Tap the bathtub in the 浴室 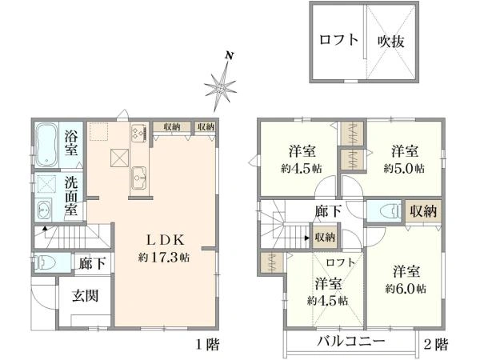(46, 144)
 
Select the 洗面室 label (70, 196)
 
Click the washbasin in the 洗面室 (44, 210)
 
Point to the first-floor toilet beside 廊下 (45, 262)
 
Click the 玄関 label (85, 296)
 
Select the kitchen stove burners (138, 133)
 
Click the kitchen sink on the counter (139, 178)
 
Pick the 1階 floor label (208, 345)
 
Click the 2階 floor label (436, 345)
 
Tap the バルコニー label (351, 342)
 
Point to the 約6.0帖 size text (406, 289)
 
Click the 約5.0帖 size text (404, 168)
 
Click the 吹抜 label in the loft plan (391, 42)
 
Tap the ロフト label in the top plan (338, 40)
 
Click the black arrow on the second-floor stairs (306, 238)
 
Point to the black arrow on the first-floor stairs (45, 228)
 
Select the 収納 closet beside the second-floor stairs (325, 237)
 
